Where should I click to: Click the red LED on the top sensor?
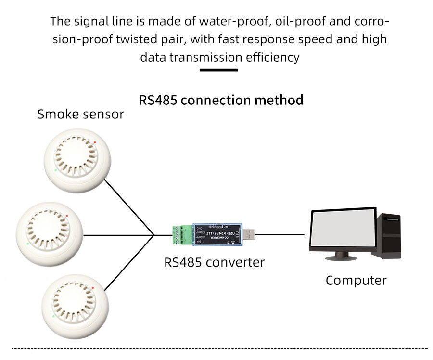pyautogui.click(x=95, y=142)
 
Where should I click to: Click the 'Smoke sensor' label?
pyautogui.click(x=80, y=115)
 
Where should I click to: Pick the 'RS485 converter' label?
pyautogui.click(x=215, y=262)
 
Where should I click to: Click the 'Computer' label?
pyautogui.click(x=356, y=280)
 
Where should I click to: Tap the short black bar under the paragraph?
pyautogui.click(x=219, y=70)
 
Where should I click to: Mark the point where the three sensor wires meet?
pyautogui.click(x=154, y=235)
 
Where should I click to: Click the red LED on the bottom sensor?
pyautogui.click(x=96, y=292)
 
